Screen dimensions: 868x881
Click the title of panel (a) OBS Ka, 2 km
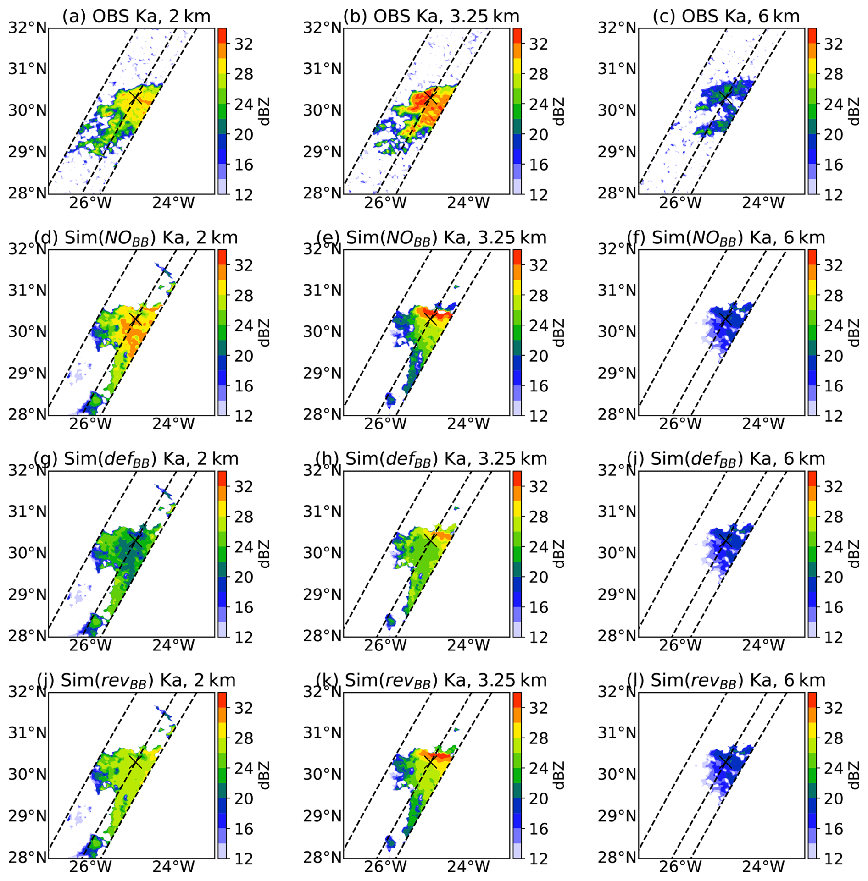136,17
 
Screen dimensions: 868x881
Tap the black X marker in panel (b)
430,98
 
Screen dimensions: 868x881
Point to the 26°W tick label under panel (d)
90,424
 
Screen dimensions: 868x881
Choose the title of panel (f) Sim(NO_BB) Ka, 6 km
726,238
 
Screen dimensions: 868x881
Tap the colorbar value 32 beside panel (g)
244,487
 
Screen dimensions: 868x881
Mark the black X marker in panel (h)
430,540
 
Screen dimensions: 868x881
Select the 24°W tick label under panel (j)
173,867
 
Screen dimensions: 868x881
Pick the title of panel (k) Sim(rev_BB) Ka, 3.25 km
431,681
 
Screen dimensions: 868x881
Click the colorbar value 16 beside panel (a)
244,165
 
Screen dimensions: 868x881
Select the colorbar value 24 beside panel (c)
834,105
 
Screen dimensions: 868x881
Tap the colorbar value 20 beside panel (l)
834,798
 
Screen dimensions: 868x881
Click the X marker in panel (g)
135,540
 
